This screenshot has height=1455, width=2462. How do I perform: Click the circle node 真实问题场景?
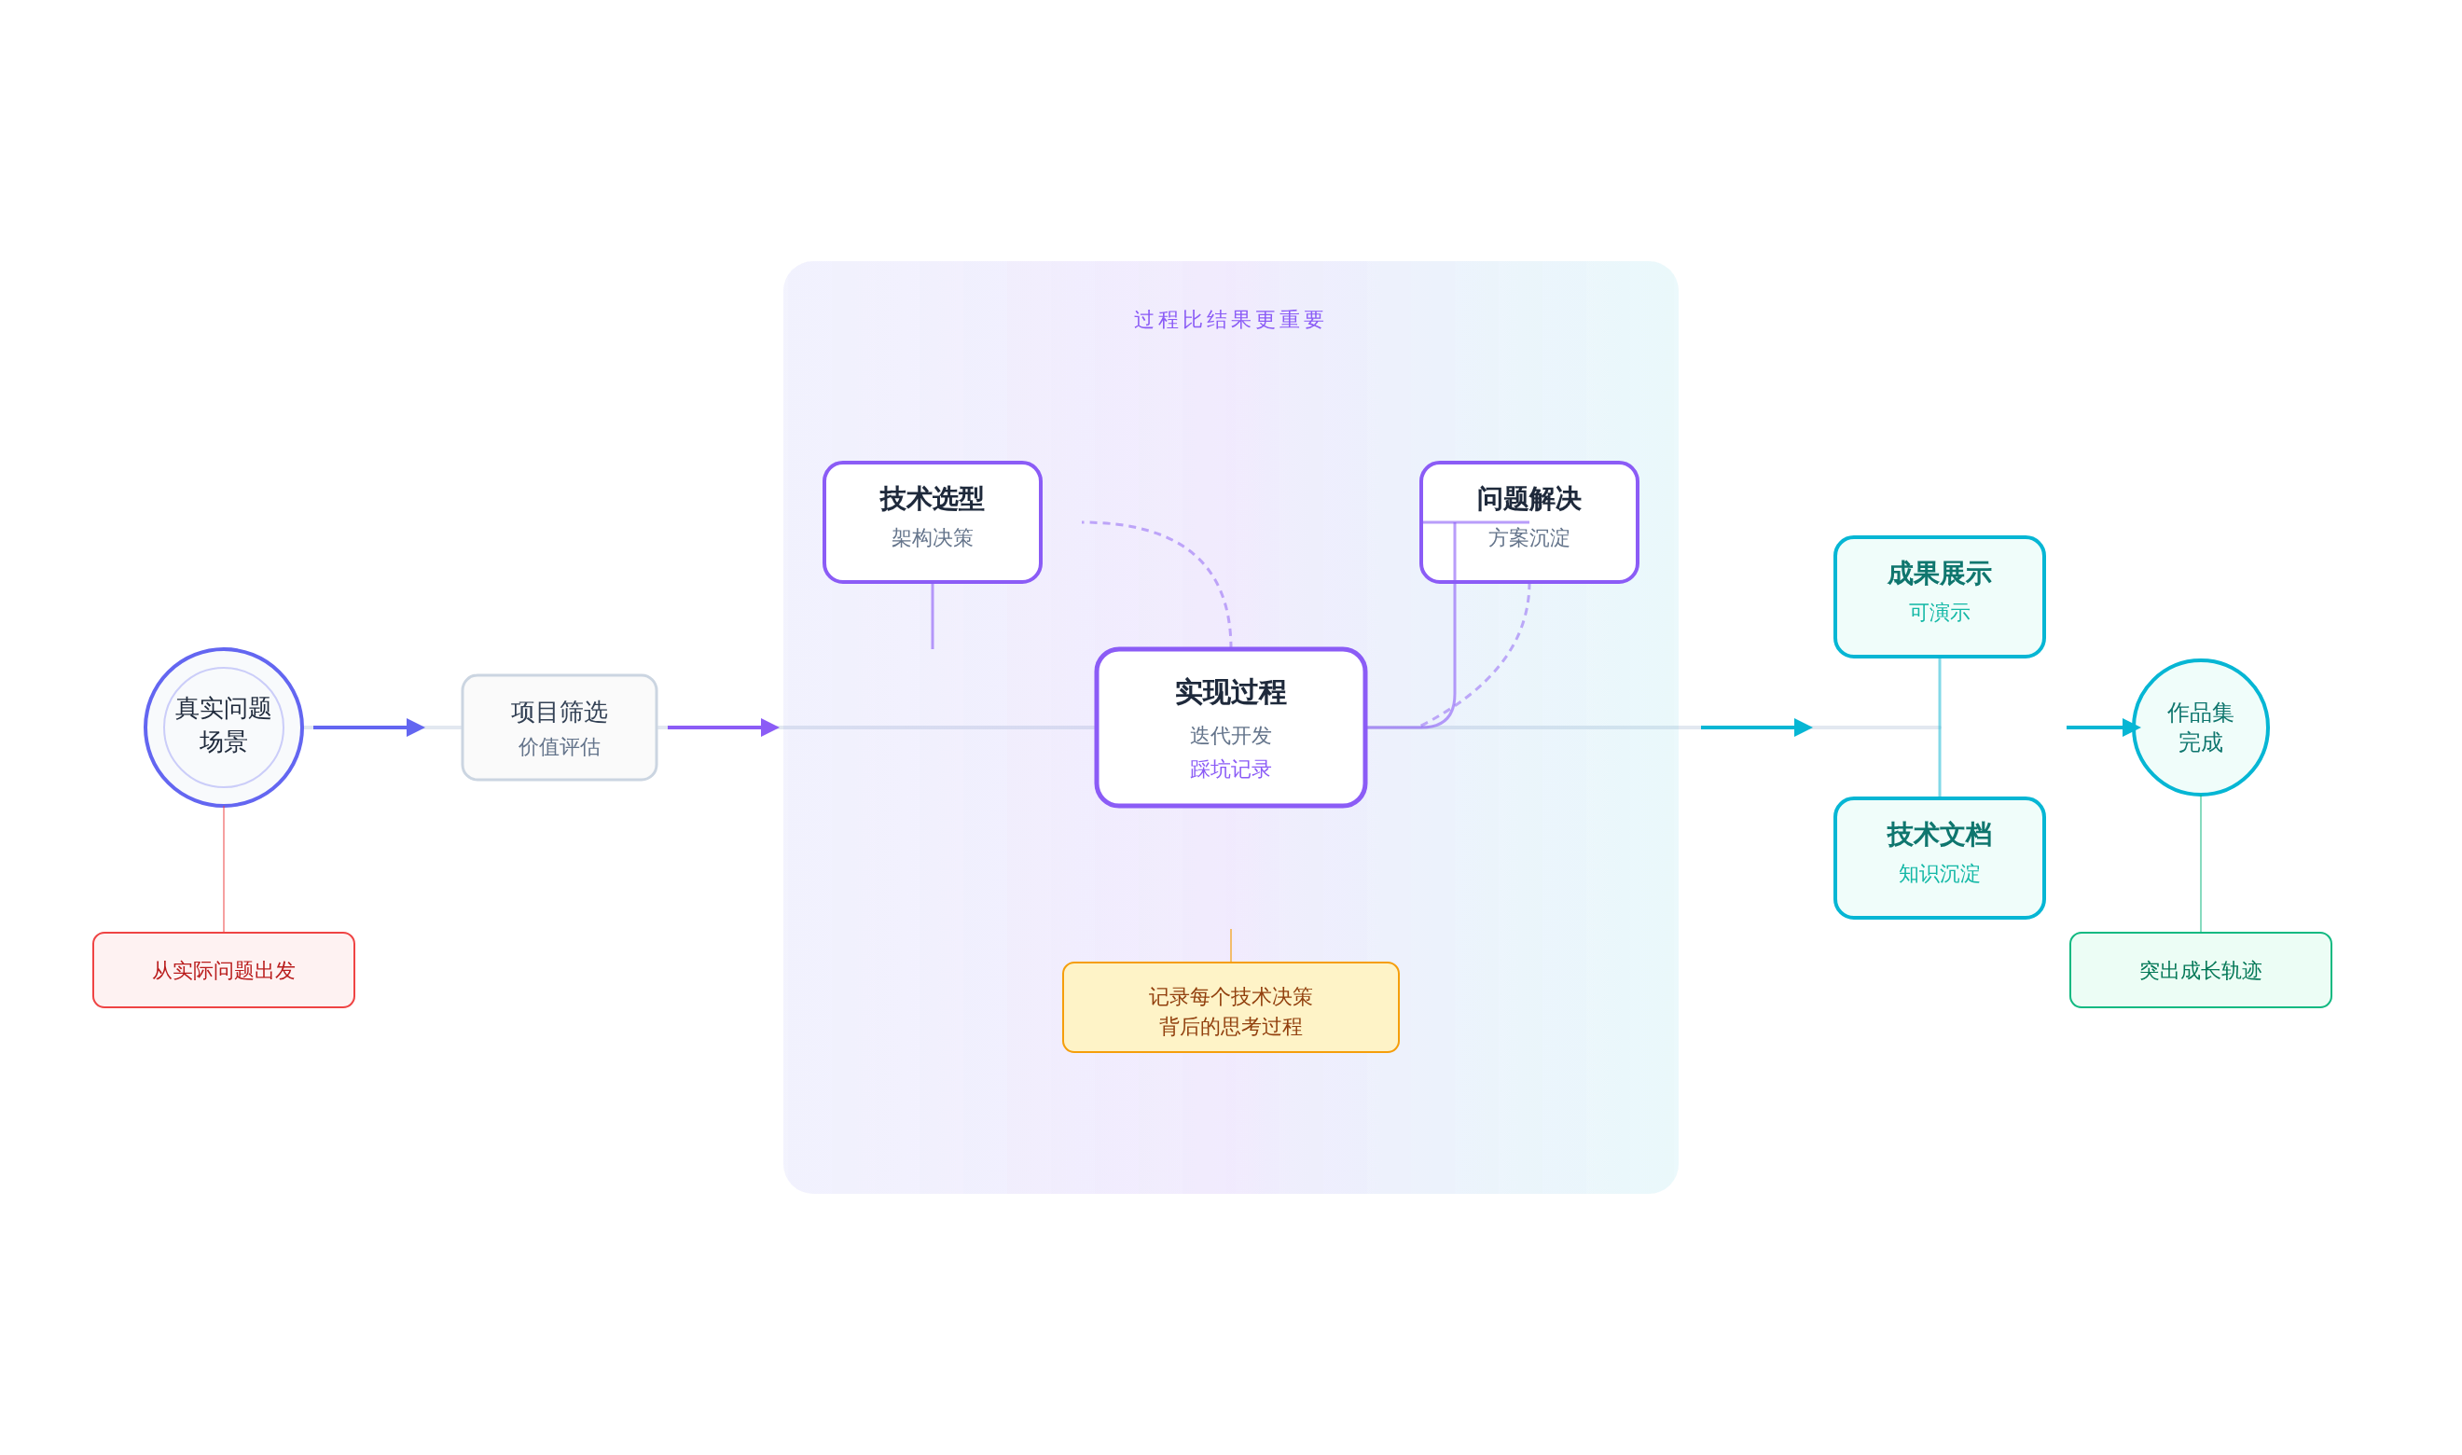(x=224, y=727)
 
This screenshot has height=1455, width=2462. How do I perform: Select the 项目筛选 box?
(x=559, y=727)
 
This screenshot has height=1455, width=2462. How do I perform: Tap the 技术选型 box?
(x=931, y=521)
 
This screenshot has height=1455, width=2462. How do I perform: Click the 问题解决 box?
(x=1528, y=521)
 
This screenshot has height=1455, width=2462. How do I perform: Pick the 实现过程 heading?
(x=1230, y=692)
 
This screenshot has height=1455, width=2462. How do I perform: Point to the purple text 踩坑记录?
(x=1230, y=769)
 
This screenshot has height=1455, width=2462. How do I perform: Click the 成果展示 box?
(x=1939, y=596)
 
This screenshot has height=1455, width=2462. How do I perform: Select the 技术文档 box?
(x=1939, y=857)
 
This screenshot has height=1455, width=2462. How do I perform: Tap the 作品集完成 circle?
(x=2200, y=727)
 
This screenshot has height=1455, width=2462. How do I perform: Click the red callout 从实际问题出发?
(x=224, y=970)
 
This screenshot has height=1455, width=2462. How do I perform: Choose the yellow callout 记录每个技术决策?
(x=1230, y=1008)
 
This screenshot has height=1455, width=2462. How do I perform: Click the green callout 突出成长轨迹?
(x=2200, y=970)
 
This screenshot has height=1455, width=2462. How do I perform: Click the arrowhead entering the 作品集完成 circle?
(x=2130, y=727)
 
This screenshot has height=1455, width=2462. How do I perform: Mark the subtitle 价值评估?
(x=559, y=747)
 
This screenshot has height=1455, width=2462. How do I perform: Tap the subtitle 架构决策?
(x=931, y=538)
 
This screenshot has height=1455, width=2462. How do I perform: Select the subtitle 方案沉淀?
(x=1528, y=538)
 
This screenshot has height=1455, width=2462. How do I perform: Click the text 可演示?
(x=1939, y=613)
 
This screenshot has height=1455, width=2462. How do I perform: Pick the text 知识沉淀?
(x=1939, y=874)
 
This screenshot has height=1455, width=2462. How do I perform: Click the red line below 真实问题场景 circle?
(x=224, y=868)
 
